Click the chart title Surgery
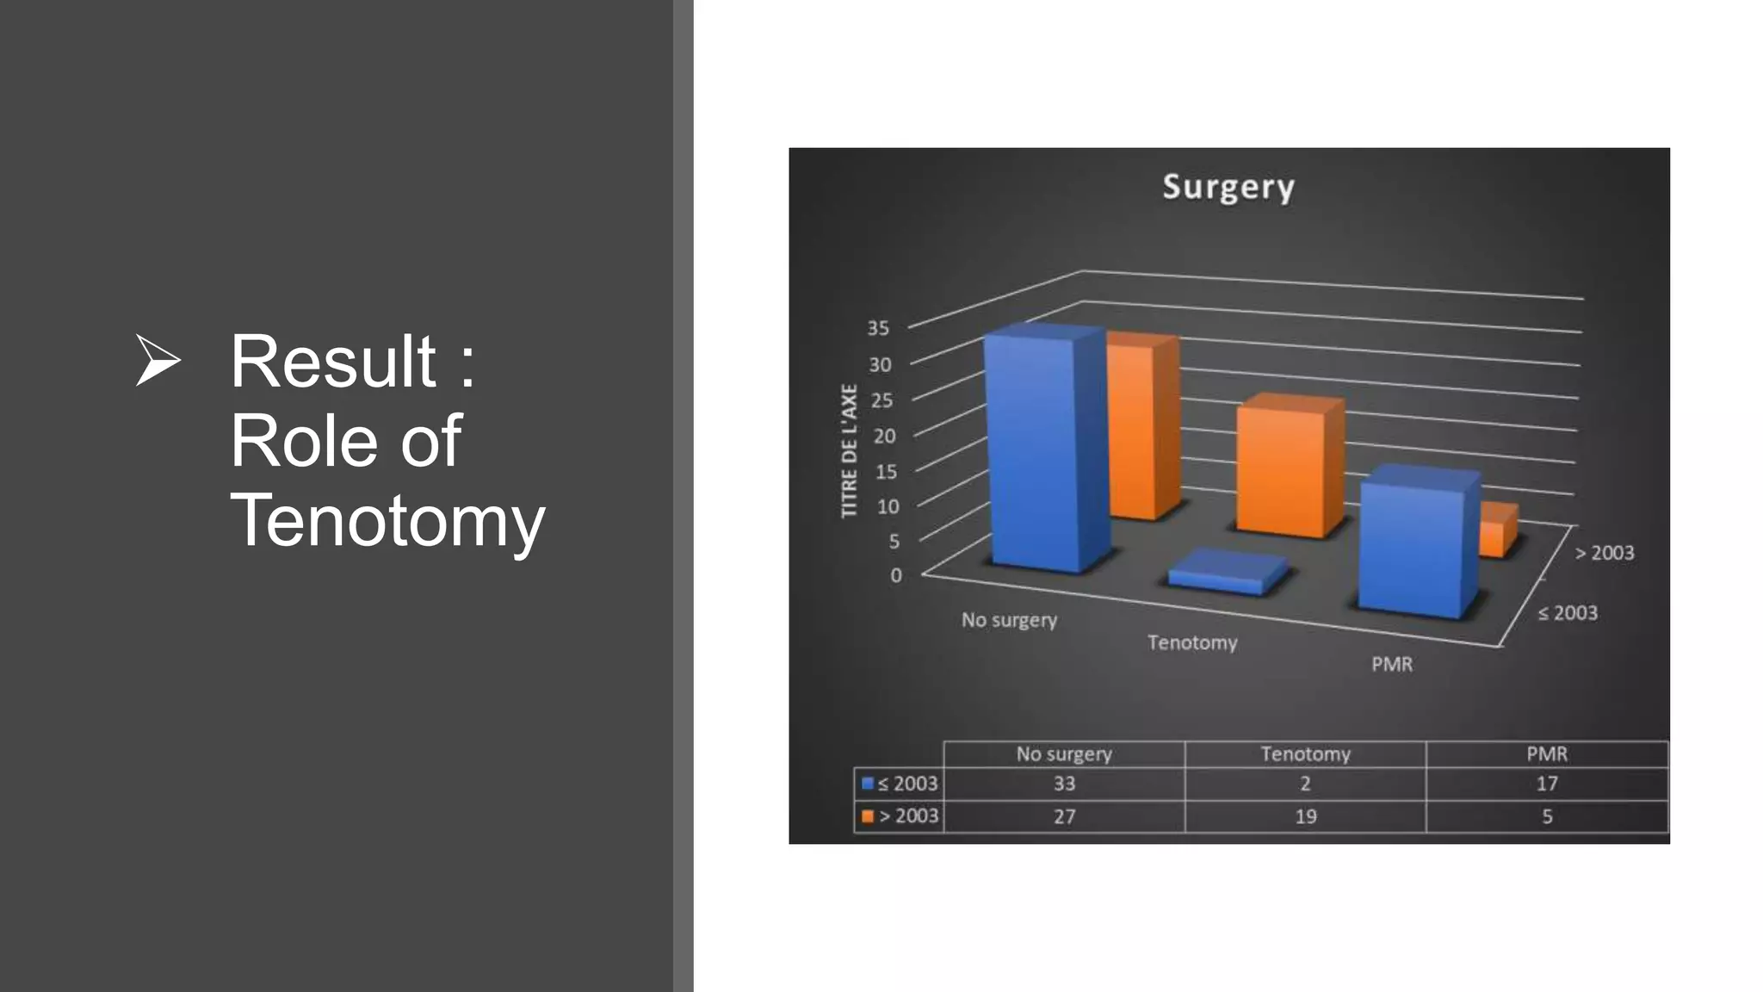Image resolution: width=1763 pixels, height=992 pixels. pyautogui.click(x=1228, y=187)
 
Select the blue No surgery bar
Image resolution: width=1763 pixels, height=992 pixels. pyautogui.click(x=1037, y=452)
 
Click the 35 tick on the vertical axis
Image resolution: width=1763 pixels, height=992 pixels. pyautogui.click(x=878, y=328)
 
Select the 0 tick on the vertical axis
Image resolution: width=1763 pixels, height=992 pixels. pyautogui.click(x=896, y=575)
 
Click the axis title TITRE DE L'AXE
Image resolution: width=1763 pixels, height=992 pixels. pyautogui.click(x=850, y=450)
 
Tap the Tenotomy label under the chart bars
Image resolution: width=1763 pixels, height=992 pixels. pyautogui.click(x=1192, y=642)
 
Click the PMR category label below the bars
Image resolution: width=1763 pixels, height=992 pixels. pyautogui.click(x=1392, y=664)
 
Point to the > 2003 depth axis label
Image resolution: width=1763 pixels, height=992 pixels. pyautogui.click(x=1605, y=553)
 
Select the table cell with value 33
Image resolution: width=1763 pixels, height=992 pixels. pyautogui.click(x=1064, y=784)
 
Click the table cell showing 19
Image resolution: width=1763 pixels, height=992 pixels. pyautogui.click(x=1305, y=816)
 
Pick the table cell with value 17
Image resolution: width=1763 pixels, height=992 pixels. pyautogui.click(x=1547, y=784)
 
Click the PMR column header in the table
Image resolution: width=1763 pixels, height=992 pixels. pyautogui.click(x=1547, y=754)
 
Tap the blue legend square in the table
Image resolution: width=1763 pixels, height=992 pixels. pyautogui.click(x=868, y=784)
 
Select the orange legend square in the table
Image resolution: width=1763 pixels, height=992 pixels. pyautogui.click(x=868, y=816)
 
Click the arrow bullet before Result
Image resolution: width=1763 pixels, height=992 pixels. pyautogui.click(x=158, y=361)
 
